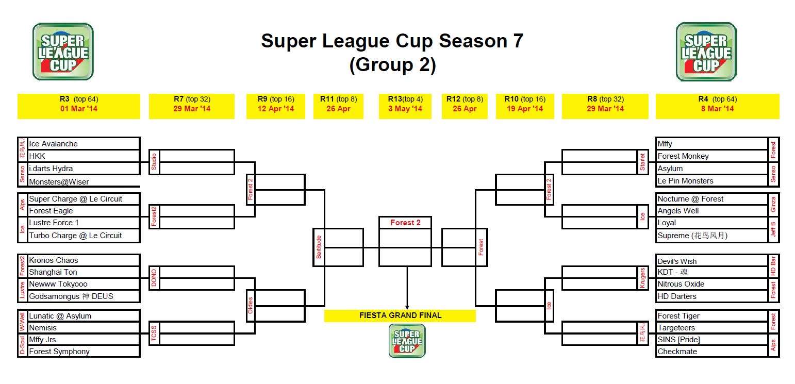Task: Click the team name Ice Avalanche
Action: coord(53,144)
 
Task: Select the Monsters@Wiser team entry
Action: coord(59,182)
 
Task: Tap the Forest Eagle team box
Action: coord(51,211)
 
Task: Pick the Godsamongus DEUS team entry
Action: coord(71,296)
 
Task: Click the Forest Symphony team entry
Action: coord(59,352)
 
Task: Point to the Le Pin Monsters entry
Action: coord(685,181)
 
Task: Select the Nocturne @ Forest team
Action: coord(690,199)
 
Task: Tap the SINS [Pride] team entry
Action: coord(678,340)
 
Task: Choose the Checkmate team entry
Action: coord(677,352)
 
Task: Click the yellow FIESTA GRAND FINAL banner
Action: coord(400,315)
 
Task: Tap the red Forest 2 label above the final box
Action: coord(405,223)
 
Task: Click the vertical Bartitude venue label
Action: coord(319,247)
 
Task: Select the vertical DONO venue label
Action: coord(154,278)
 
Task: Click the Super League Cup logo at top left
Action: coord(63,52)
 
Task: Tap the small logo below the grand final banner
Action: coord(407,341)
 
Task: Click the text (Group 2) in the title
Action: coord(392,64)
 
